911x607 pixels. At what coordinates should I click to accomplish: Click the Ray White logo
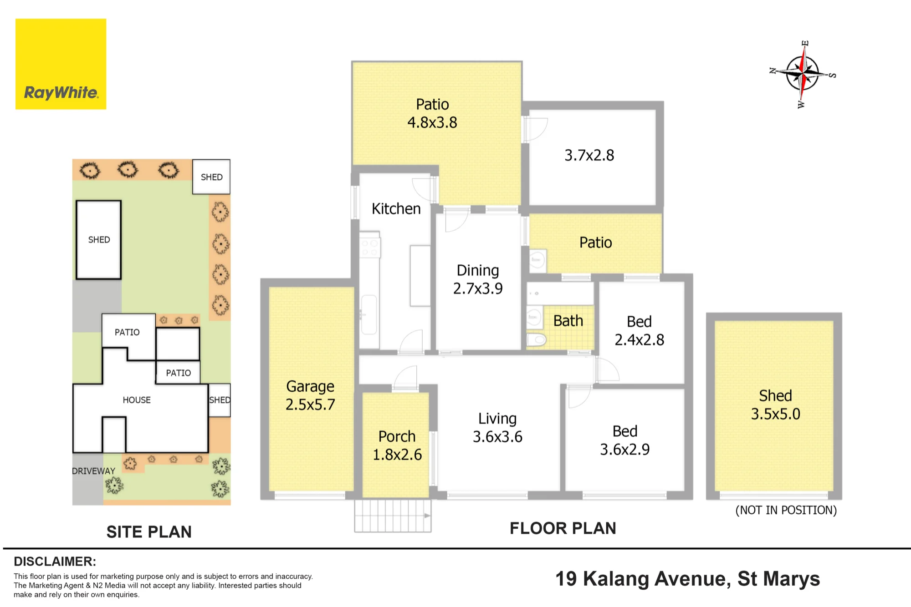(61, 64)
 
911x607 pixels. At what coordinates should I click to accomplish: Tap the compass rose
(803, 74)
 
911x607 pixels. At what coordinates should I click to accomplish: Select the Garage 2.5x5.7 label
(310, 395)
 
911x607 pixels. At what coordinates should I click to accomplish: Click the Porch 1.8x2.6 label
(397, 445)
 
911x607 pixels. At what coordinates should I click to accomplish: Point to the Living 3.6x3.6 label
(497, 427)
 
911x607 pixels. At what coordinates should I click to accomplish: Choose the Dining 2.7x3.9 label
(478, 279)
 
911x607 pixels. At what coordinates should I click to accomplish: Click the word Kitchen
(396, 208)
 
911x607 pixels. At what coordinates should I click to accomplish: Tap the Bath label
(568, 321)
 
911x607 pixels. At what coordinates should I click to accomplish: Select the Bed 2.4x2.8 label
(640, 330)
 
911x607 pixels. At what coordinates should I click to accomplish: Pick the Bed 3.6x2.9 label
(625, 440)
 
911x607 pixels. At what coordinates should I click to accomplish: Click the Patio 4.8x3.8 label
(432, 113)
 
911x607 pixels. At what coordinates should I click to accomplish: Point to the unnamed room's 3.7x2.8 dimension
(589, 155)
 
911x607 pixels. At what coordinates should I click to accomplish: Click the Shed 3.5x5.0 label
(776, 405)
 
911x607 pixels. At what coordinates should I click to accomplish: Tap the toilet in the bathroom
(536, 339)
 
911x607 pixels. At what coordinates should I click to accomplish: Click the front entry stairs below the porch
(393, 516)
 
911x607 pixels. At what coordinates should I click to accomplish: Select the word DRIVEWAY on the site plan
(94, 471)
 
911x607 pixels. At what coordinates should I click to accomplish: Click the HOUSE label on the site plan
(137, 400)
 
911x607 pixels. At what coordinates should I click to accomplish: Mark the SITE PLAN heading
(149, 532)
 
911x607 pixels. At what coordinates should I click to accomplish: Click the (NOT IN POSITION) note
(786, 510)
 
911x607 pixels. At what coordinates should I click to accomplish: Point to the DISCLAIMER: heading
(55, 561)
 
